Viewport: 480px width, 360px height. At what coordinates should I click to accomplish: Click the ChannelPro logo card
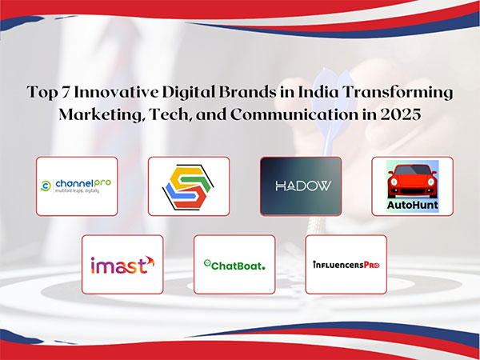[77, 186]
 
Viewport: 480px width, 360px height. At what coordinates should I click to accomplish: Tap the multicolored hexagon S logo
[189, 186]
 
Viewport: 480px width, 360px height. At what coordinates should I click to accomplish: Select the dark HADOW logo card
[301, 186]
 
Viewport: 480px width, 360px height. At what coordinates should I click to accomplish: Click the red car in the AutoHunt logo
[413, 178]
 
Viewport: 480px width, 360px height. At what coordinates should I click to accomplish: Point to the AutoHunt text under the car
[413, 204]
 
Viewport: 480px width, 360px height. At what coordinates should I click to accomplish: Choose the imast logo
[122, 264]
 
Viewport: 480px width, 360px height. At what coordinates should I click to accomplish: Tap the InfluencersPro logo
[346, 264]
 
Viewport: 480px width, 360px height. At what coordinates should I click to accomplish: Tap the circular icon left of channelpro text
[47, 186]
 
